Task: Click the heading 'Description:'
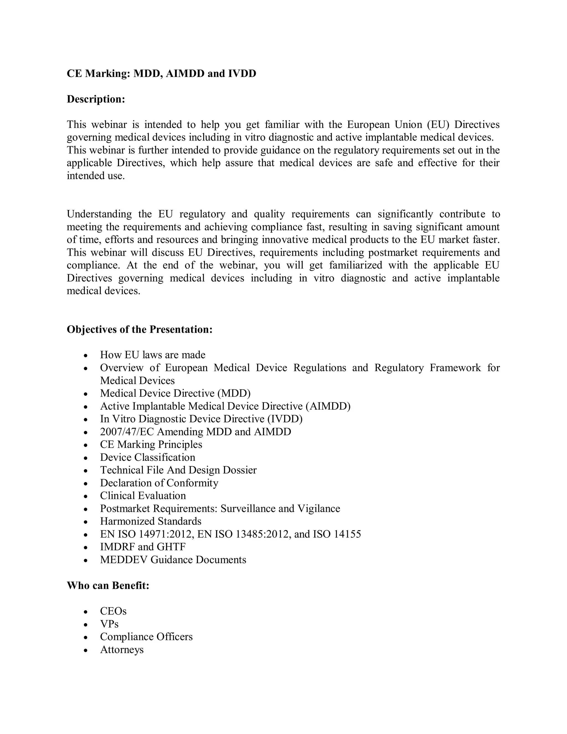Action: [x=96, y=99]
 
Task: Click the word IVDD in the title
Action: [x=242, y=73]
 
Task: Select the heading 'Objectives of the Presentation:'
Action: [x=140, y=329]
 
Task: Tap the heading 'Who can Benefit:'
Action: [x=108, y=586]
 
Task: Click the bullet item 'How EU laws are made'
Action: [x=153, y=355]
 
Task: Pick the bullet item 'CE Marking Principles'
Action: [x=151, y=445]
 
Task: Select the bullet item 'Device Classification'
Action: [x=148, y=457]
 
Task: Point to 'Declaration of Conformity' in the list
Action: [x=159, y=483]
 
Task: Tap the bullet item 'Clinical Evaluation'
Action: [x=143, y=496]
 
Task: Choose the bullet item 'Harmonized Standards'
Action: [x=151, y=521]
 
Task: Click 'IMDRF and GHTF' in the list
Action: [x=142, y=547]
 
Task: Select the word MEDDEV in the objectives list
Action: [x=123, y=560]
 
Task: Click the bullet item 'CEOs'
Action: [x=113, y=611]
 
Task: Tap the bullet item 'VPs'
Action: [x=109, y=624]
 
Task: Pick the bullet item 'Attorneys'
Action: [x=122, y=649]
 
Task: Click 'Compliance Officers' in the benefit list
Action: [x=146, y=637]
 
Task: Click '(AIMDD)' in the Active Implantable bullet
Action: [x=328, y=406]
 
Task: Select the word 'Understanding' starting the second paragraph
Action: [x=99, y=214]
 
